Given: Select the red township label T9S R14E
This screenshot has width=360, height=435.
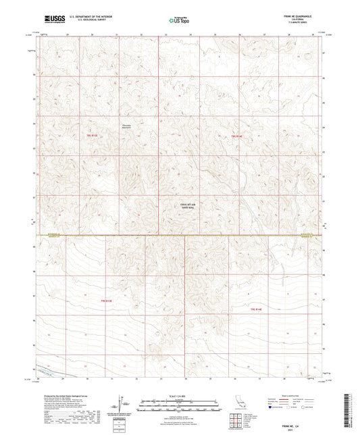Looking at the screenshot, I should [x=236, y=136].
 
